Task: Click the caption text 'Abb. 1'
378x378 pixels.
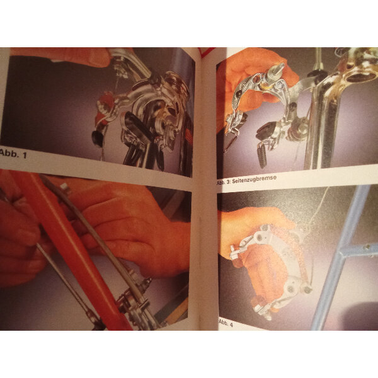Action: (x=13, y=154)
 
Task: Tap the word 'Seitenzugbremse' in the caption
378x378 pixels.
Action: (x=254, y=180)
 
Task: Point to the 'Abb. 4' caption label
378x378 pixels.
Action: (x=226, y=324)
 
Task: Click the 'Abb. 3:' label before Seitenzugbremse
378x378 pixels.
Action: (x=224, y=183)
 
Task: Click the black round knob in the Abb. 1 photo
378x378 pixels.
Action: (x=98, y=138)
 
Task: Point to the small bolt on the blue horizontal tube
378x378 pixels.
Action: (x=367, y=247)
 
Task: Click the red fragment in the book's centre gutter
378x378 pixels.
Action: (x=205, y=52)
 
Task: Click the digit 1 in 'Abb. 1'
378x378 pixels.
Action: (x=24, y=155)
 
